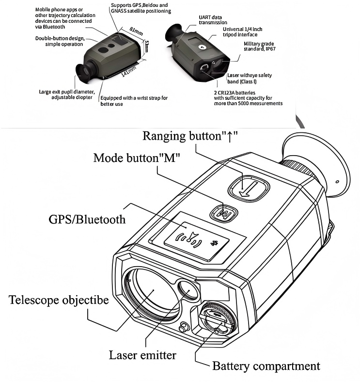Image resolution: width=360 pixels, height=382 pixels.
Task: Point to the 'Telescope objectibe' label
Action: click(x=59, y=300)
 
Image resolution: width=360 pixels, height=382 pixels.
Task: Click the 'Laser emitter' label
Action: click(x=142, y=355)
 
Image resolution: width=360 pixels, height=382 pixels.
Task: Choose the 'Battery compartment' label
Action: click(x=266, y=366)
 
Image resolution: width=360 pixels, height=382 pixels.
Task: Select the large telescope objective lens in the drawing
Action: click(x=153, y=290)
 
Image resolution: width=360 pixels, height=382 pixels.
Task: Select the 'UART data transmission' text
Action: click(x=212, y=19)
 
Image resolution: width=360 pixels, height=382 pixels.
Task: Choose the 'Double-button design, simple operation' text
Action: click(x=59, y=41)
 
